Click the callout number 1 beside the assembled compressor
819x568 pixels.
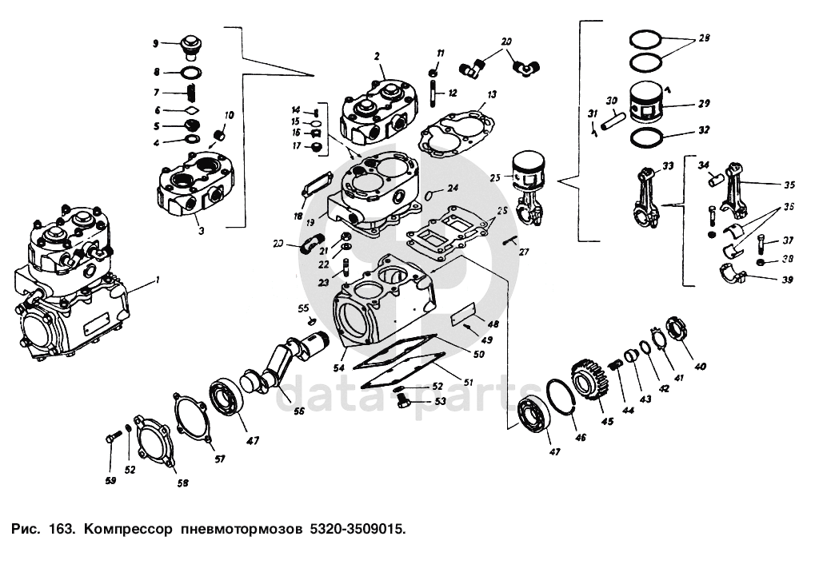[158, 280]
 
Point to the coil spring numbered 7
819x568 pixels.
[192, 94]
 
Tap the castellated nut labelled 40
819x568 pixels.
[674, 328]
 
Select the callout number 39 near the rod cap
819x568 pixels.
[788, 279]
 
